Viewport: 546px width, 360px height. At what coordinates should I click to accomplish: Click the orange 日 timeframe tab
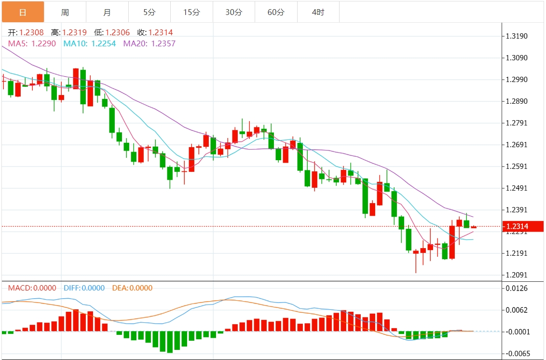(x=23, y=12)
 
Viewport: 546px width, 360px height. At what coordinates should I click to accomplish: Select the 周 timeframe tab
(x=65, y=12)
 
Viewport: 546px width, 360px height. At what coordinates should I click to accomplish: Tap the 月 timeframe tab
(x=107, y=12)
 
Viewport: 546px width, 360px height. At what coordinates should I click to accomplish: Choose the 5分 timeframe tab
(x=150, y=12)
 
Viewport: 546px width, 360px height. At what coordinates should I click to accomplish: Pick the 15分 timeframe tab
(x=191, y=12)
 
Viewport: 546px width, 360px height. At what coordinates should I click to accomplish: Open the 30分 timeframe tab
(x=234, y=12)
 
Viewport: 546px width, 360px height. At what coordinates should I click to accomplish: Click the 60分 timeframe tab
(x=276, y=12)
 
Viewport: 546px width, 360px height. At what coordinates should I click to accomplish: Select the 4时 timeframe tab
(x=318, y=12)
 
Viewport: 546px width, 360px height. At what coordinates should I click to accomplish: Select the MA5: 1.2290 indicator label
(x=32, y=43)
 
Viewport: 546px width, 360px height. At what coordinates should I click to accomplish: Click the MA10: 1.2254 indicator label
(x=89, y=43)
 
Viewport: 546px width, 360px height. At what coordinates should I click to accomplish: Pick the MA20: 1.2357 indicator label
(x=149, y=43)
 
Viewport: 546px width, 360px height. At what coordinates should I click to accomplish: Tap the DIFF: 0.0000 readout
(x=84, y=288)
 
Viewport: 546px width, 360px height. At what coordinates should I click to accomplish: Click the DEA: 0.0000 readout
(x=132, y=288)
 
